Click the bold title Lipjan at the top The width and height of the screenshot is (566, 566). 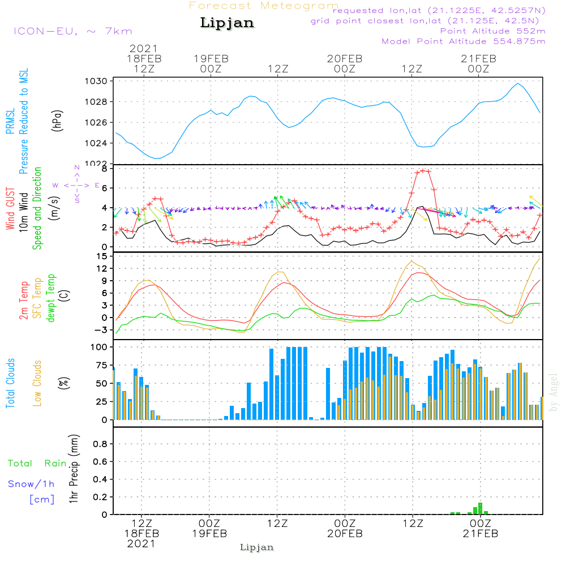coord(227,23)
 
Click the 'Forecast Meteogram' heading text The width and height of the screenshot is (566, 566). coord(264,6)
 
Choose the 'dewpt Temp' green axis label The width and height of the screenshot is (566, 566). coord(52,298)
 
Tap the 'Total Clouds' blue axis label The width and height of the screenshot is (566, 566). coord(11,383)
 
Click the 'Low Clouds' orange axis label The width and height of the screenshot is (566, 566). coord(38,383)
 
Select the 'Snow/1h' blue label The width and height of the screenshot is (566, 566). coord(32,484)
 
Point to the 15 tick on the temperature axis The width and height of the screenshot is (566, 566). coord(102,256)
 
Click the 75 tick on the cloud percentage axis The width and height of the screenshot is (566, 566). coord(100,365)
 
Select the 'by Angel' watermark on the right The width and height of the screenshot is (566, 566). coord(554,392)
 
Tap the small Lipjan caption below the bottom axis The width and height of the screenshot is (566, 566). coord(257,547)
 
